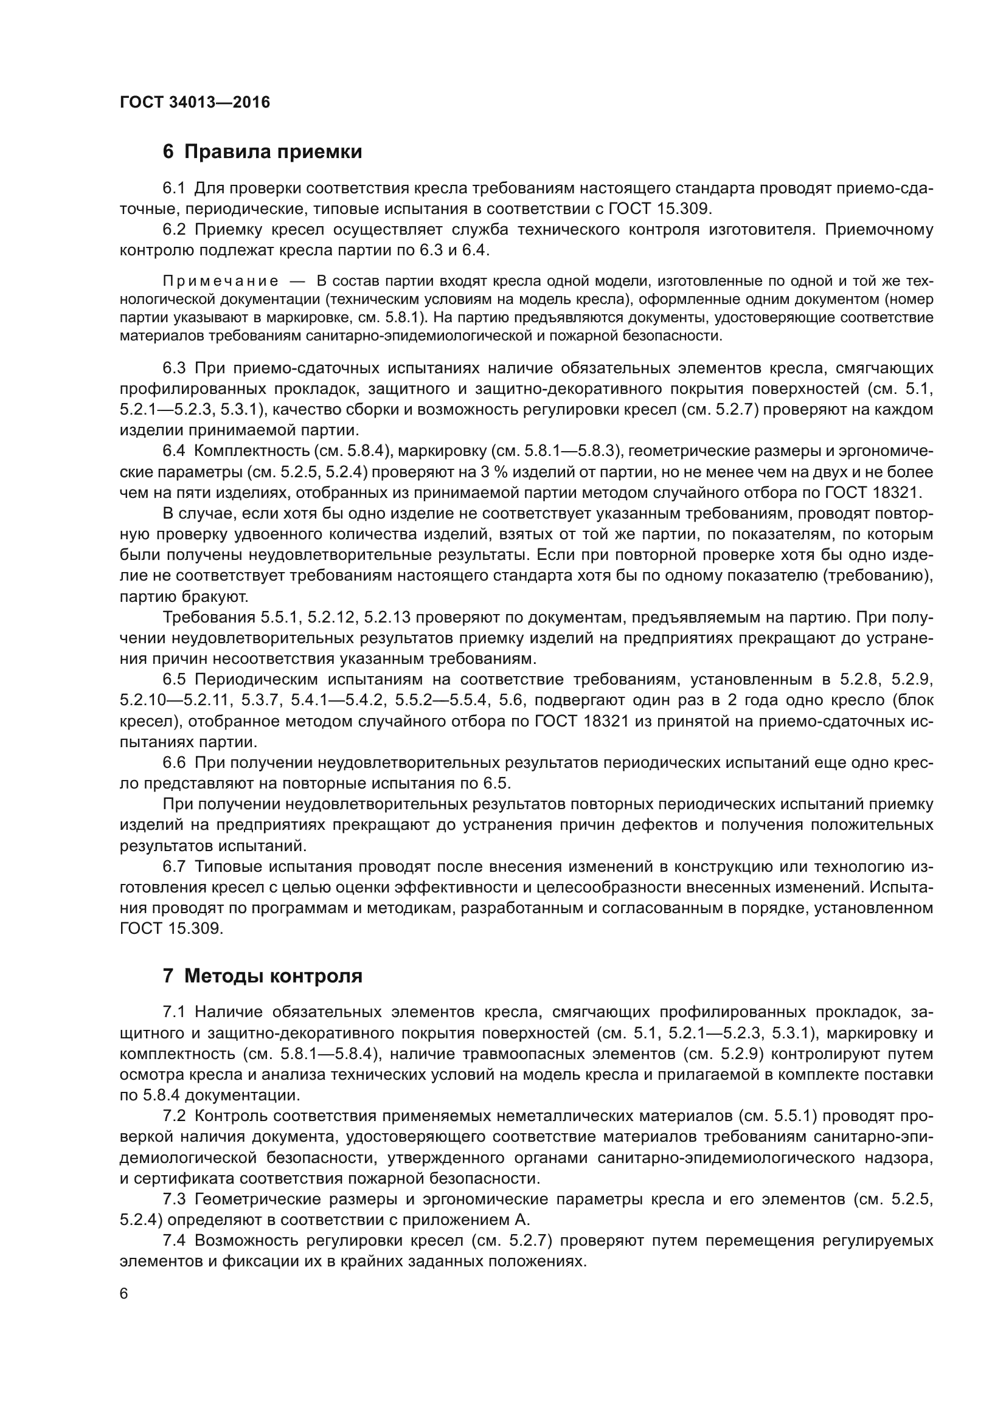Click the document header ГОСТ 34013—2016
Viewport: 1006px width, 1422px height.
pyautogui.click(x=195, y=102)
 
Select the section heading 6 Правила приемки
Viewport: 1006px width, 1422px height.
pyautogui.click(x=262, y=152)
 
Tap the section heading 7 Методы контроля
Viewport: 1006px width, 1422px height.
pyautogui.click(x=262, y=976)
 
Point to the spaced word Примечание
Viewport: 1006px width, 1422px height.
pyautogui.click(x=220, y=281)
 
